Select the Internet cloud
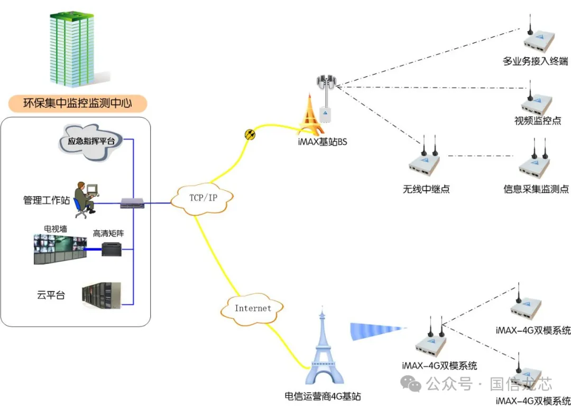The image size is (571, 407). (x=253, y=308)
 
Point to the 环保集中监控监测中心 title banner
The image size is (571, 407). (x=77, y=103)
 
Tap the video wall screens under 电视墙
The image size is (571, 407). (x=59, y=248)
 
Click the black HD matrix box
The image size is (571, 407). (x=113, y=249)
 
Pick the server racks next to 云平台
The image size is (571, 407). (x=101, y=296)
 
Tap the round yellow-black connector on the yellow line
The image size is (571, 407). (x=250, y=135)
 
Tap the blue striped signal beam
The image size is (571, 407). (x=377, y=331)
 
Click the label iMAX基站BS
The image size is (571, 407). (x=322, y=143)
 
